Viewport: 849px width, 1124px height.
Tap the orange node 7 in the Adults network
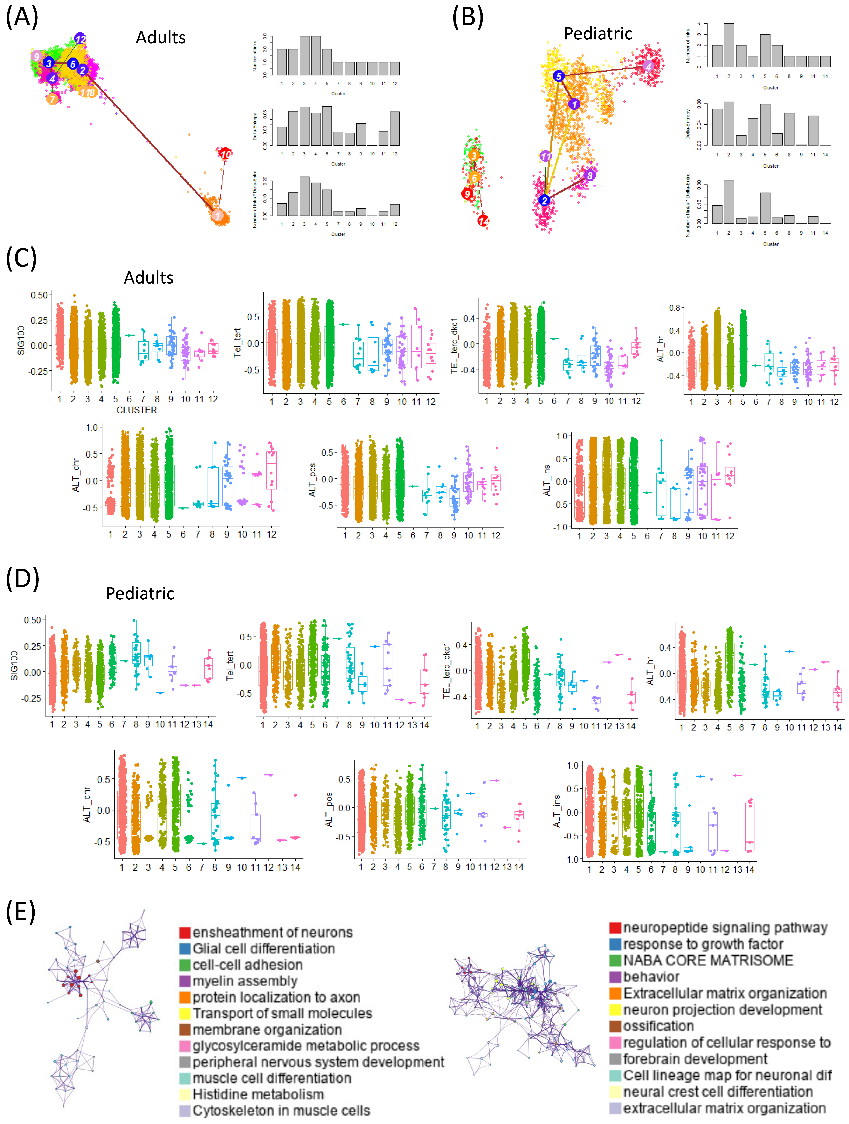pyautogui.click(x=52, y=99)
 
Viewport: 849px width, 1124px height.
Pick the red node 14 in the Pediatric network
pyautogui.click(x=483, y=220)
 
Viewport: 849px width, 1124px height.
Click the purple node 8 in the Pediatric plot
pyautogui.click(x=589, y=175)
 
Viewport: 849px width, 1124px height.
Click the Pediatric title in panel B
pyautogui.click(x=598, y=34)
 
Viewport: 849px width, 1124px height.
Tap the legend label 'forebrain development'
pyautogui.click(x=695, y=1059)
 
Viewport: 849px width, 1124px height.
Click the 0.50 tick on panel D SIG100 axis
pyautogui.click(x=32, y=620)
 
